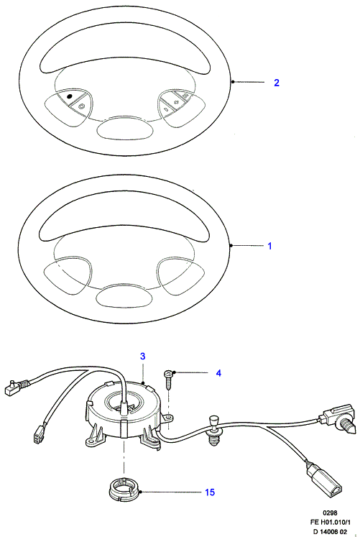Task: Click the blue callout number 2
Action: [277, 83]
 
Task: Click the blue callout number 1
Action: [269, 246]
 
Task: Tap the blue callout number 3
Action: [143, 356]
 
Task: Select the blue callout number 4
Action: [218, 373]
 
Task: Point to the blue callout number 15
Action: [210, 492]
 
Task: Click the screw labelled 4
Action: [169, 379]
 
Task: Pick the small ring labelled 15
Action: [123, 492]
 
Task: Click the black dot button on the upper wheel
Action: [70, 96]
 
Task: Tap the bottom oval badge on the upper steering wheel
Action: [124, 129]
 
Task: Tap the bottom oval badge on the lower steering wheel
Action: [124, 296]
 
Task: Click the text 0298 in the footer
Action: [330, 513]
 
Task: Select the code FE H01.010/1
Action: [330, 523]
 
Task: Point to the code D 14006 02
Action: [330, 531]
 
